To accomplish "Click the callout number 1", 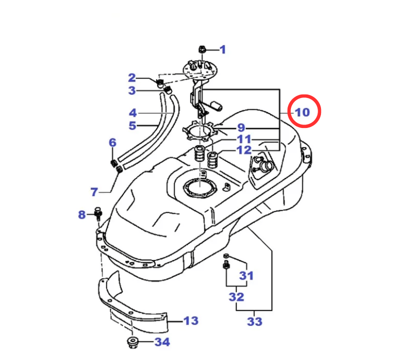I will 222,49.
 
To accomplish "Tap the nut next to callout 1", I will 202,49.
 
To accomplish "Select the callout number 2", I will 132,77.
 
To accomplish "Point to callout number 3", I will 132,90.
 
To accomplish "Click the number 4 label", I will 132,112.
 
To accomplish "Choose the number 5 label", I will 132,125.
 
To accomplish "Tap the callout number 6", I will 112,142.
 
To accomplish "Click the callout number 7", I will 94,191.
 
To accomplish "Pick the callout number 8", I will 82,215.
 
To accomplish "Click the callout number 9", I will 241,128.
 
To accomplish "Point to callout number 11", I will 244,139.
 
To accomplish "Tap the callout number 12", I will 244,150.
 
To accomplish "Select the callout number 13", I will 190,320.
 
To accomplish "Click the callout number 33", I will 254,320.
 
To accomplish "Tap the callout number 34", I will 161,342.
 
